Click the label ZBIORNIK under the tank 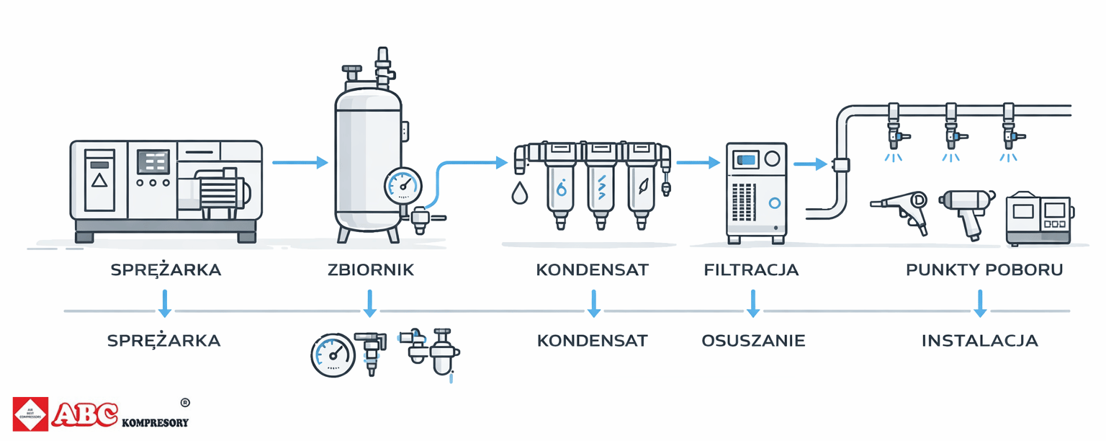pos(371,270)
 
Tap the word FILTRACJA pos(751,270)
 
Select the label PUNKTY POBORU pos(984,270)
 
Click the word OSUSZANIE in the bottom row pos(753,340)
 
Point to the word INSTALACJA pos(980,340)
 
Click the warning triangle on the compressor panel pos(99,179)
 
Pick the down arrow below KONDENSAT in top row pos(593,303)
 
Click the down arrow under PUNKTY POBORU pos(979,303)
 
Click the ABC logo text pos(84,414)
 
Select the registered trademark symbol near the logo pos(184,402)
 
